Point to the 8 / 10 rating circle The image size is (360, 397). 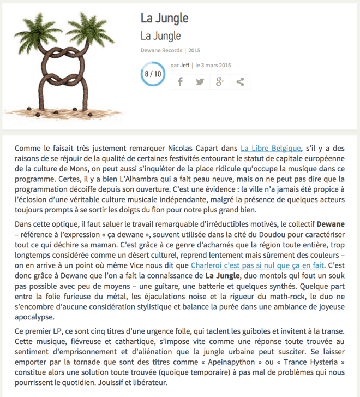(x=153, y=73)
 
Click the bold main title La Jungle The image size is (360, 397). (x=164, y=18)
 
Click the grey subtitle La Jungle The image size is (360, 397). (x=160, y=36)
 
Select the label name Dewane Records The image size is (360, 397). (x=161, y=50)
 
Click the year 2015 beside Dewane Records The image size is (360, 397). (x=195, y=50)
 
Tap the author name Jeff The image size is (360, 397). (x=185, y=65)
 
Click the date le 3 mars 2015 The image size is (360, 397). (x=213, y=65)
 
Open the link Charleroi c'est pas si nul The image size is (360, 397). (x=257, y=265)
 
